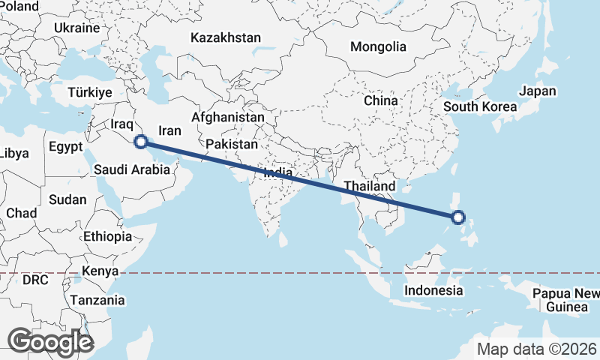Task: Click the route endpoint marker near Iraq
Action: [x=140, y=141]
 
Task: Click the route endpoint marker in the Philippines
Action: [x=459, y=218]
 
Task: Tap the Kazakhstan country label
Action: [x=225, y=37]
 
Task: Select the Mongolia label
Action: [x=378, y=46]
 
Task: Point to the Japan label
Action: [x=538, y=91]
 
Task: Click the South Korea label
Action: [x=480, y=106]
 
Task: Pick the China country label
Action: [x=380, y=100]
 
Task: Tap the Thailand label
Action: [x=370, y=186]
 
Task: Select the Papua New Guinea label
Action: [x=566, y=300]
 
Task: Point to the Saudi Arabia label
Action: [x=132, y=169]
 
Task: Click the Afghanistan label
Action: [x=228, y=118]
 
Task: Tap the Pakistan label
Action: [x=232, y=144]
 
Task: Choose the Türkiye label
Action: [x=89, y=92]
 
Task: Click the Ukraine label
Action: [x=76, y=28]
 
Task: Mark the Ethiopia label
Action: [x=107, y=236]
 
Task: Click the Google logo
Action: [x=50, y=342]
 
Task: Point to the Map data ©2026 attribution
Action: [x=537, y=349]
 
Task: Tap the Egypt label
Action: [x=65, y=147]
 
